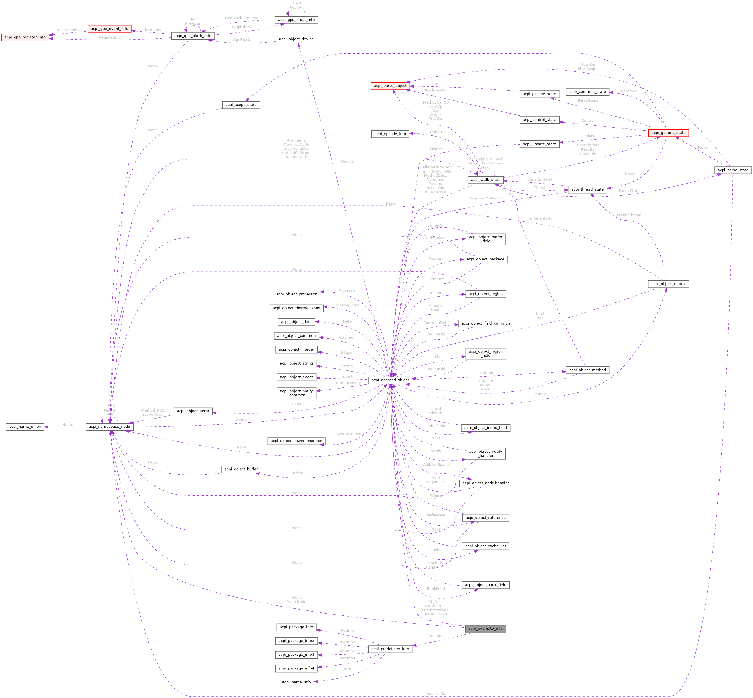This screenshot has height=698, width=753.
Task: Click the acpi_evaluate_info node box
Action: [485, 629]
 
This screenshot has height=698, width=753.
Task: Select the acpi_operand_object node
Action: [390, 380]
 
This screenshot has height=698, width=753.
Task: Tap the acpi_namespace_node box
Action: [109, 426]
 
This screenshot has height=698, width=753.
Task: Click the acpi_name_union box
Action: [25, 426]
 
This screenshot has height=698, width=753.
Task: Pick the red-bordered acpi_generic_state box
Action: [668, 133]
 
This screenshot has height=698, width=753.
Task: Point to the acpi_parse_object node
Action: [390, 86]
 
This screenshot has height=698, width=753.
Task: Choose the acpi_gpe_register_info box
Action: [25, 37]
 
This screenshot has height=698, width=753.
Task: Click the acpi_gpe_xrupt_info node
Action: [296, 20]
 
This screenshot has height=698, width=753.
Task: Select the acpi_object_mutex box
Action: [668, 284]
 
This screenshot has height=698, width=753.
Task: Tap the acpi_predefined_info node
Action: [390, 649]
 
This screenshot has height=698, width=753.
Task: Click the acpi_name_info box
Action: [296, 682]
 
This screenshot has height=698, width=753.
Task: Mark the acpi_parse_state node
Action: [733, 170]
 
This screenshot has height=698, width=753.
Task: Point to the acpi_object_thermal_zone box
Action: [296, 308]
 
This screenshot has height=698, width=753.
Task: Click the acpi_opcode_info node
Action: [390, 134]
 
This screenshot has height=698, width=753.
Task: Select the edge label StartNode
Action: [436, 694]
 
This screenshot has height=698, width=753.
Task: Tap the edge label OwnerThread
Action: [629, 215]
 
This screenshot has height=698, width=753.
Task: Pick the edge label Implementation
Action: [540, 218]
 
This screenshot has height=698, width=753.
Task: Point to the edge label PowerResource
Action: [347, 434]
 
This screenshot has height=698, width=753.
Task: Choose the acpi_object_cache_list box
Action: [485, 546]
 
